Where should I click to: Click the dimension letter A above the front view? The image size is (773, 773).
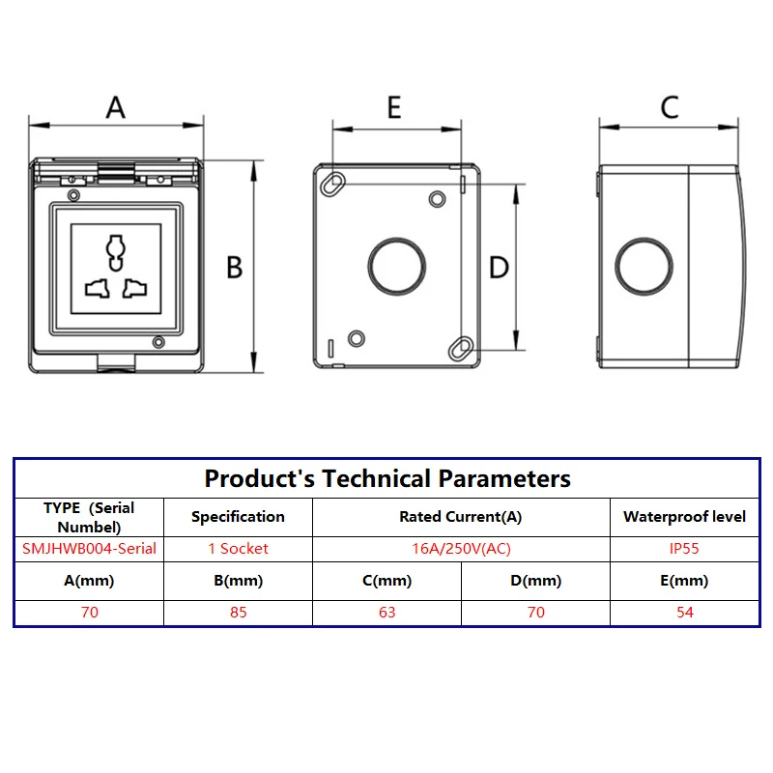[116, 107]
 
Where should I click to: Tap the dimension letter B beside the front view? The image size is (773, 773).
[234, 268]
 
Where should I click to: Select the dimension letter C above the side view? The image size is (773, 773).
[670, 107]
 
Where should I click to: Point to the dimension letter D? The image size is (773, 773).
[499, 268]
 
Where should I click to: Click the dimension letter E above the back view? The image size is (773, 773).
[394, 107]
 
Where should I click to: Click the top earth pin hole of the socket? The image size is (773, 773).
[116, 252]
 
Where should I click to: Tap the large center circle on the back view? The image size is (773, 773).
[397, 267]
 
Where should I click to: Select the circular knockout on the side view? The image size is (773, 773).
[644, 267]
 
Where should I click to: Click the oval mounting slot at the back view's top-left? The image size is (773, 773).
[332, 185]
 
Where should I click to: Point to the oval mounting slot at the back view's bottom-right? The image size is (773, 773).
[461, 349]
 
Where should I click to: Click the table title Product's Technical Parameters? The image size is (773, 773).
[387, 478]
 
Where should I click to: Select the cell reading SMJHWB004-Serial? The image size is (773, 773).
[89, 548]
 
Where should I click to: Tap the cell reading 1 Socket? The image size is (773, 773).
[238, 548]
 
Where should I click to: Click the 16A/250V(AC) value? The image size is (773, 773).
[462, 548]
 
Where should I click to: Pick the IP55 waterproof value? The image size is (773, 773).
[684, 548]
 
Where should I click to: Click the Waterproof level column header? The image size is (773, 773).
[684, 517]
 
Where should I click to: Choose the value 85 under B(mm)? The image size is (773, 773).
[238, 612]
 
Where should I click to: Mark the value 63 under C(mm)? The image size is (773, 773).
[387, 612]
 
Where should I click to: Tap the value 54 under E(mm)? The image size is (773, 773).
[685, 612]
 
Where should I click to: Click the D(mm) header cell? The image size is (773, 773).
[536, 581]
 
